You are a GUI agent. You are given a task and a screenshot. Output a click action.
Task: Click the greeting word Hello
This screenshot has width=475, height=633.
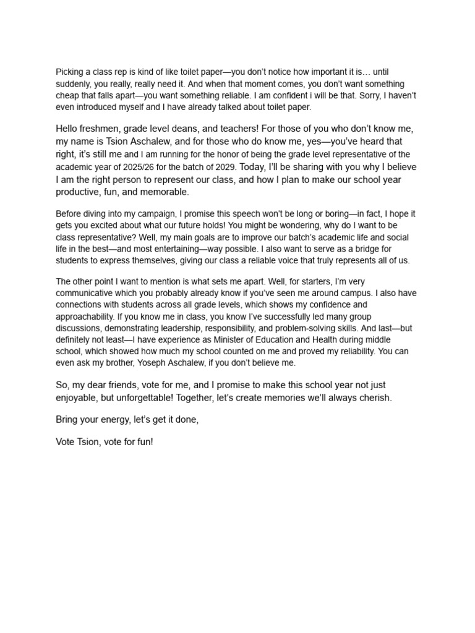[69, 129]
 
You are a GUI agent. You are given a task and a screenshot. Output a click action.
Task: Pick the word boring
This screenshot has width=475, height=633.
[336, 214]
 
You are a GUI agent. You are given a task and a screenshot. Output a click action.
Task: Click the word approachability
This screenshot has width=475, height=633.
[87, 317]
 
